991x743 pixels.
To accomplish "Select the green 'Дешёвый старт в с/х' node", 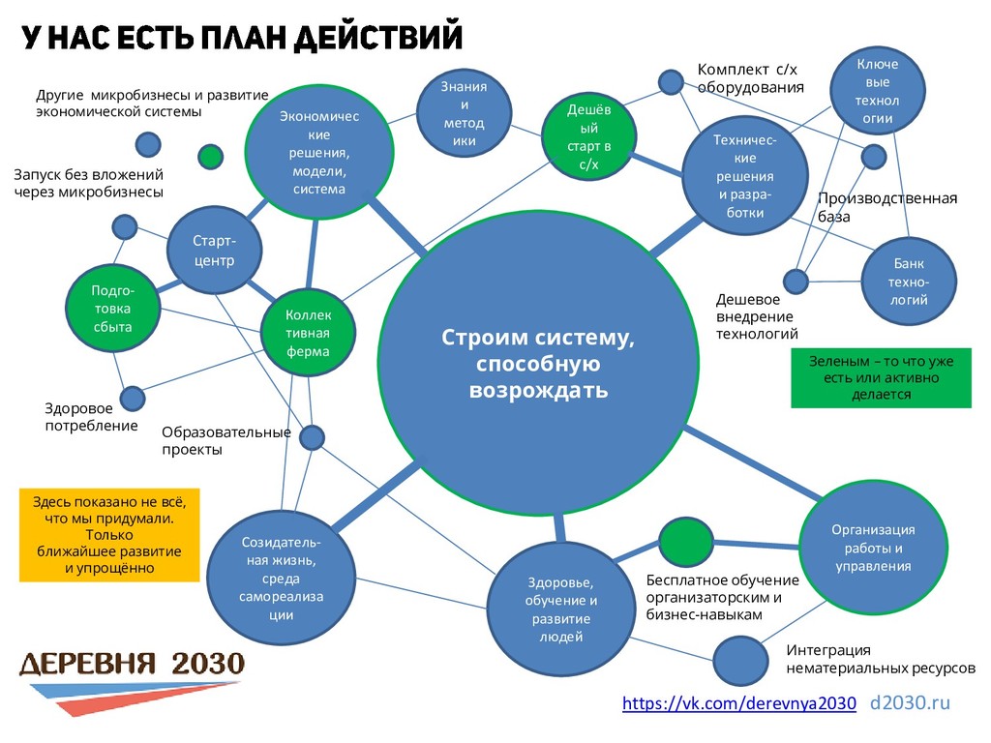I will (x=588, y=136).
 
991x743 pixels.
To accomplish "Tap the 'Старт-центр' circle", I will (x=214, y=250).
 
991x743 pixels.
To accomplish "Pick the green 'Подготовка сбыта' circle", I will (x=111, y=309).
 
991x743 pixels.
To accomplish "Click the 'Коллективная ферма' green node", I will (x=308, y=334).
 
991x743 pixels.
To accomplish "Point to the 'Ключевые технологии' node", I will (x=878, y=91).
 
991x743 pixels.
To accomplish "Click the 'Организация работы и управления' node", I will (x=873, y=548).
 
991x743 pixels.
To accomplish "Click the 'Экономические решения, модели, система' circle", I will (x=318, y=153).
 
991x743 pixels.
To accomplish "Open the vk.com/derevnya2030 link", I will (x=738, y=703).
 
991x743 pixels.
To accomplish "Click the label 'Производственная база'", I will (x=886, y=207).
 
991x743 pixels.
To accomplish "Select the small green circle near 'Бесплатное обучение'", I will (x=685, y=542).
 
